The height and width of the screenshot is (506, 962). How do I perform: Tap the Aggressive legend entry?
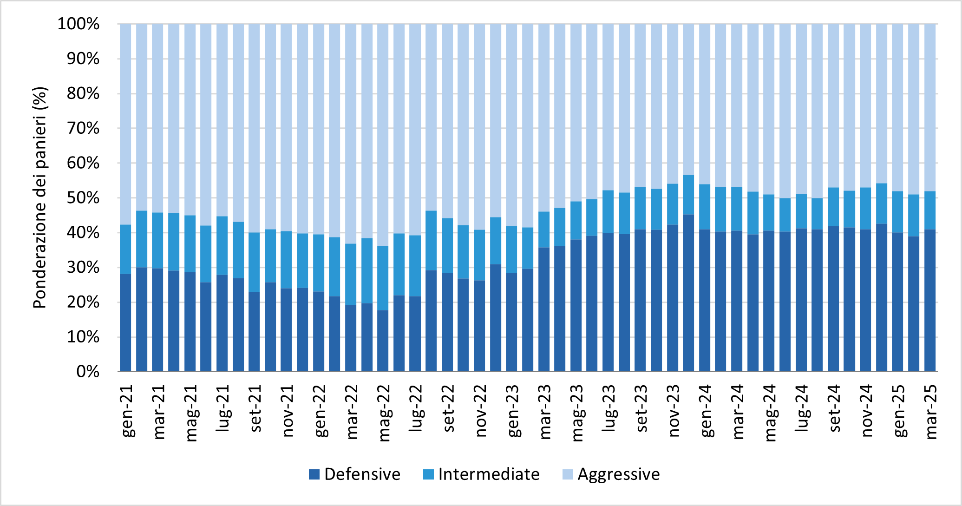[x=618, y=474]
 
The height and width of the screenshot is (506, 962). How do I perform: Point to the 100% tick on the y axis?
[x=79, y=24]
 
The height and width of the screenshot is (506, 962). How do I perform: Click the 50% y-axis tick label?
[x=83, y=198]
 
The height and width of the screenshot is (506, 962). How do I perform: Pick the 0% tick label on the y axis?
[x=88, y=372]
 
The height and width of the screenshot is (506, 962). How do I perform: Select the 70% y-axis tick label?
[x=83, y=128]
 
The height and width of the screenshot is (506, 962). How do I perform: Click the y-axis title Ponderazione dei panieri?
[x=40, y=197]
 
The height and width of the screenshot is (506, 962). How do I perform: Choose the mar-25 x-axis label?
[x=931, y=412]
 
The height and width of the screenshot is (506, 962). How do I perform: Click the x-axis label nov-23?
[x=674, y=411]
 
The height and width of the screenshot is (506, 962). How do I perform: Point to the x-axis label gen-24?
[x=706, y=411]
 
